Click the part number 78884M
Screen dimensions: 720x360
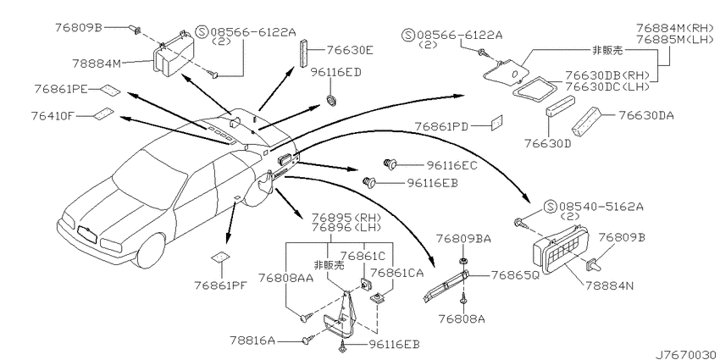[96, 63]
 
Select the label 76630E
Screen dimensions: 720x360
[350, 50]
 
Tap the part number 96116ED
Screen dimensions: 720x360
[335, 72]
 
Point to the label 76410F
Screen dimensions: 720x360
[53, 116]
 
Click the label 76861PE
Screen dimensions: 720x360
[60, 89]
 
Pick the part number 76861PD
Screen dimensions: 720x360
[441, 126]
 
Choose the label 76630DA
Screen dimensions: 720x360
[646, 115]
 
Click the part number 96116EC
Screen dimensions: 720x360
[451, 165]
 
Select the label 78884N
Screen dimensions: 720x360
[609, 285]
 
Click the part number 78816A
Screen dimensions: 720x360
[252, 341]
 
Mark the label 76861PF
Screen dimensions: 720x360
[221, 285]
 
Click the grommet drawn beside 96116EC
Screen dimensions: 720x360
[390, 163]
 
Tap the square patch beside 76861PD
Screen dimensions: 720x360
[497, 122]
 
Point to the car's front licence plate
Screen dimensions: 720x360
[87, 234]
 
